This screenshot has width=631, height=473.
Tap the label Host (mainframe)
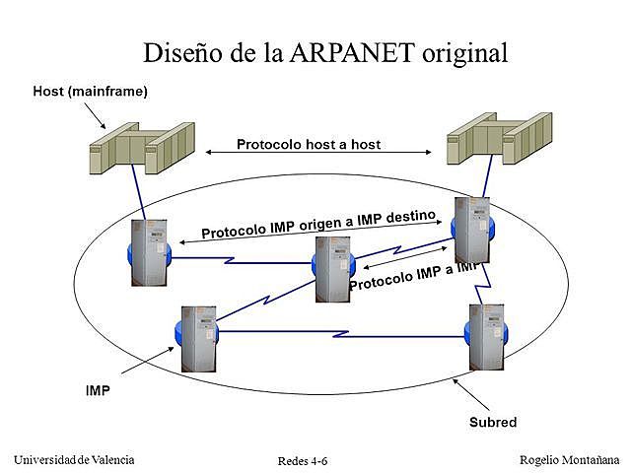coord(90,92)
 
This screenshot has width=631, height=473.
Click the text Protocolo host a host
coord(308,144)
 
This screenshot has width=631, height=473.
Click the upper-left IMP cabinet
coord(149,251)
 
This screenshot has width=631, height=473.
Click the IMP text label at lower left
coord(98,390)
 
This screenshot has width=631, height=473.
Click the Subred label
coord(493,423)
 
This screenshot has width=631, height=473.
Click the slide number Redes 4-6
coord(303,461)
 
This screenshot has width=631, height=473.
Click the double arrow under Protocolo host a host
coord(319,153)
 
